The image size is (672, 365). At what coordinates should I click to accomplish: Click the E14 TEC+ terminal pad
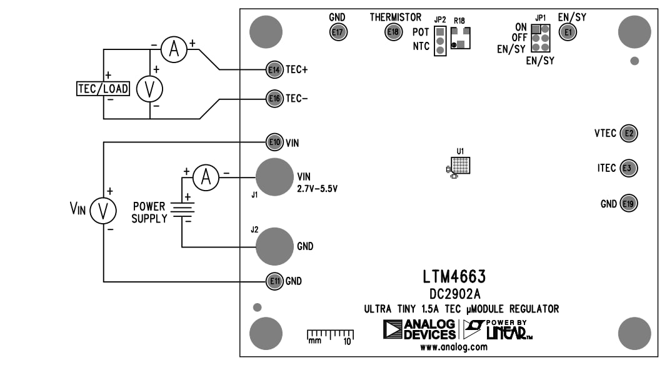pos(274,70)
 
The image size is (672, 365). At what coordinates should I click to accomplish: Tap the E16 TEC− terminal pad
pos(274,98)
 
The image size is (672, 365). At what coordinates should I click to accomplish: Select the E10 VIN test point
pos(274,142)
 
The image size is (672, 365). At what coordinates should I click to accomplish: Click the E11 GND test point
pos(274,281)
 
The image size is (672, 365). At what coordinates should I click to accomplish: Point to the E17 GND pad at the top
pos(338,32)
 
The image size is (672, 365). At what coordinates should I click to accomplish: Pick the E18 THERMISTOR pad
pos(393,32)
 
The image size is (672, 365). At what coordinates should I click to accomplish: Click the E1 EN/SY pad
pos(568,32)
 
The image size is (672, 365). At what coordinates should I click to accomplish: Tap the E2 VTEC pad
pos(628,133)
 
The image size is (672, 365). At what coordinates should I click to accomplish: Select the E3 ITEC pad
pos(628,168)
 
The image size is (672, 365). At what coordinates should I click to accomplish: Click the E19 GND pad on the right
pos(628,204)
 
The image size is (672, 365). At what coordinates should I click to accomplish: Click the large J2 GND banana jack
pos(274,246)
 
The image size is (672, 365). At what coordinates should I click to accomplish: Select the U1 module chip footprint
pos(461,166)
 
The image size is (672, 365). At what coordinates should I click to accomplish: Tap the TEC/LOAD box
pos(103,89)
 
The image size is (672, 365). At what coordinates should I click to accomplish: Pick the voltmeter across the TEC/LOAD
pos(150,89)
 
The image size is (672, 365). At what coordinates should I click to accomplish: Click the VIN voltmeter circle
pos(104,211)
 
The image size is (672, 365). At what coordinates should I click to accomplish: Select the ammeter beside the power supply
pos(205,178)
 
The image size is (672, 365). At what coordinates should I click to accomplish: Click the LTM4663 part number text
pos(454,276)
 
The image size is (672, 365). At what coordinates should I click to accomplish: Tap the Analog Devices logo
pos(419,329)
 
